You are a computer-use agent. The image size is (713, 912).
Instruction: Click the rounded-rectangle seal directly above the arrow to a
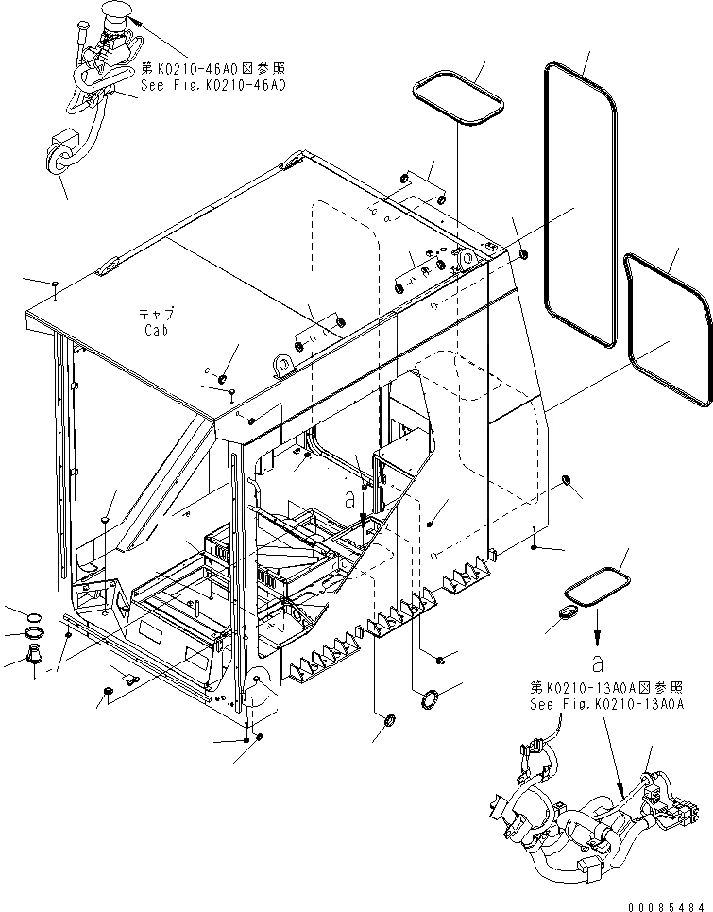597,585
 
